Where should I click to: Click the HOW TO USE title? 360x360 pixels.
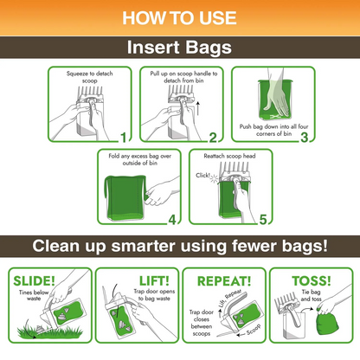tap(180, 16)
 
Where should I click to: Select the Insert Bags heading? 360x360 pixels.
tap(180, 48)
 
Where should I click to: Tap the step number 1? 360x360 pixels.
tap(123, 137)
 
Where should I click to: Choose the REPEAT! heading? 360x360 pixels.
tap(224, 281)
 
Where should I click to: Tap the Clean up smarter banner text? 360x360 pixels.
tap(180, 246)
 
